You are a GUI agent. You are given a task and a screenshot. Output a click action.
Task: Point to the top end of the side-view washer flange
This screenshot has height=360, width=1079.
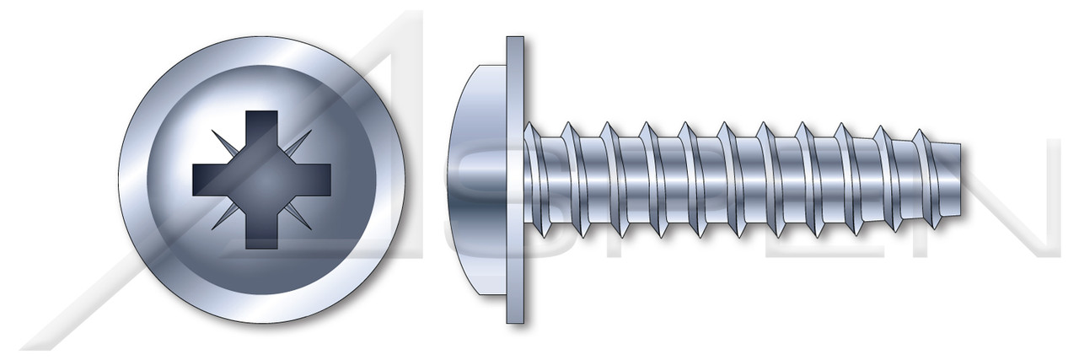515,40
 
